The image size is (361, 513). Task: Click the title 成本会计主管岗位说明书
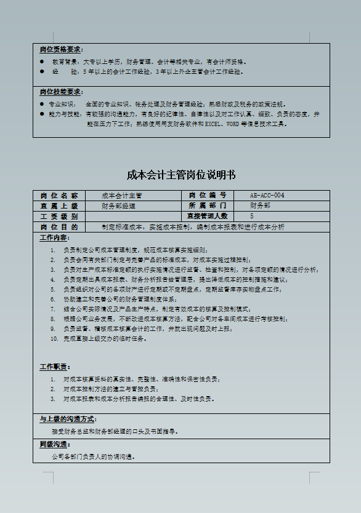point(180,175)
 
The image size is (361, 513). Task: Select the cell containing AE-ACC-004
point(267,196)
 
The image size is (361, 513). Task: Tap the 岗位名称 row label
point(59,196)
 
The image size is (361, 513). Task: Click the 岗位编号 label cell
point(208,196)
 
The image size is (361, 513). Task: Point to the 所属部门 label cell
point(208,205)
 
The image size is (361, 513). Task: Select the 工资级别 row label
point(59,216)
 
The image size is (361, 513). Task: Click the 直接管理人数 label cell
point(208,216)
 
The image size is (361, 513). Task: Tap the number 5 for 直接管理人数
point(251,216)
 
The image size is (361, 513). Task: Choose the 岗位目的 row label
point(59,226)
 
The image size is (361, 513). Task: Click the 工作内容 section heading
point(55,237)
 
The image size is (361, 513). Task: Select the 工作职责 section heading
point(55,367)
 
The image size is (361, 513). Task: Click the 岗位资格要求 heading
point(62,49)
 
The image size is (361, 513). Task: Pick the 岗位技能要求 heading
point(62,92)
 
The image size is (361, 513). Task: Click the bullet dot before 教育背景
point(42,62)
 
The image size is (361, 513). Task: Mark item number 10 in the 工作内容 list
point(54,338)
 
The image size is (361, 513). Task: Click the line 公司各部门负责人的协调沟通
point(94,457)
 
